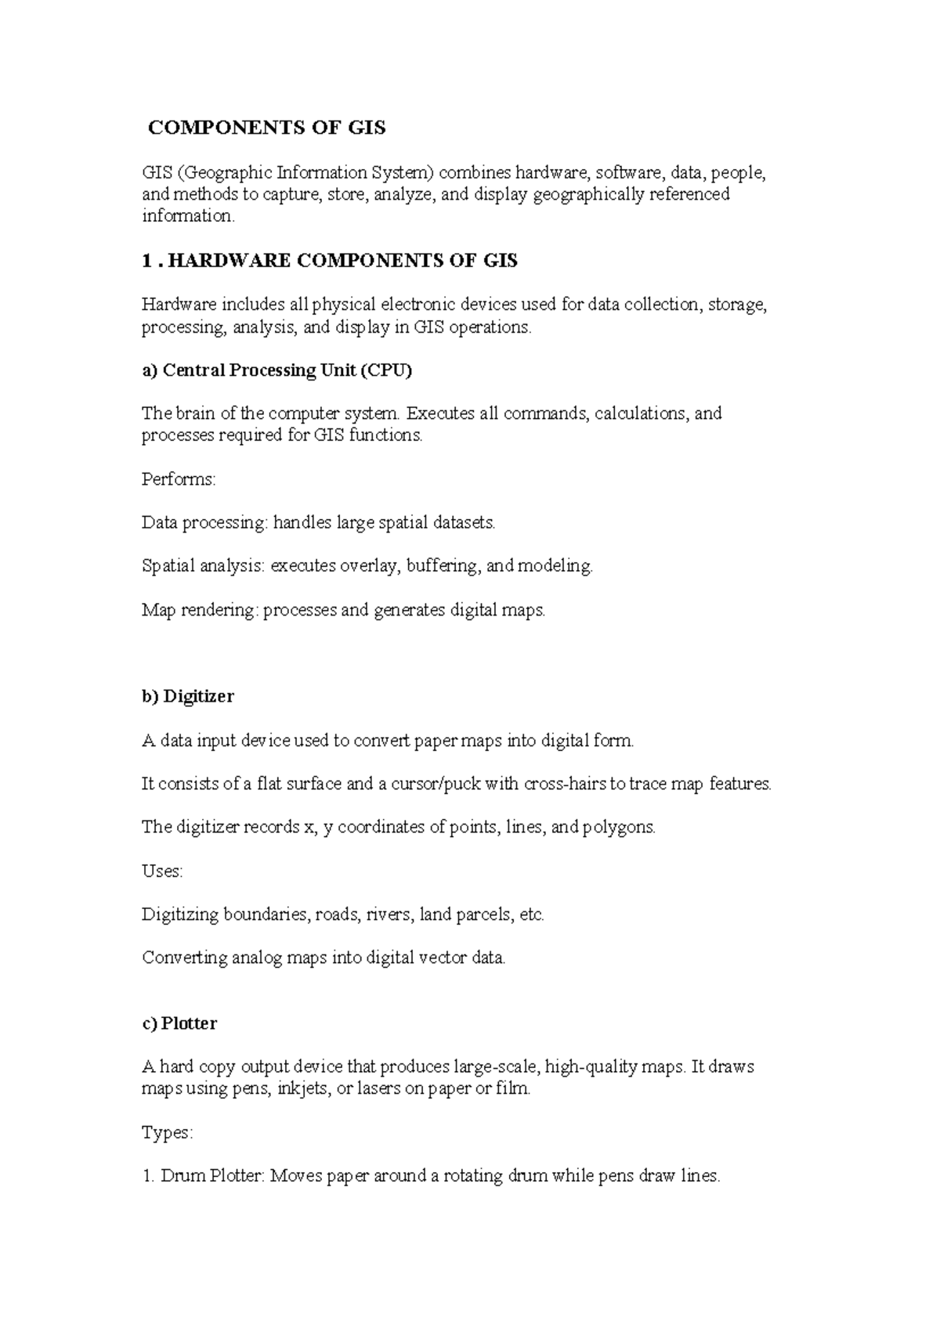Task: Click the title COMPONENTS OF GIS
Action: pyautogui.click(x=267, y=128)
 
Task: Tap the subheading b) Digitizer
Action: pyautogui.click(x=188, y=696)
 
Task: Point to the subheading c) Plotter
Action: pyautogui.click(x=179, y=1023)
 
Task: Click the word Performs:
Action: pyautogui.click(x=179, y=479)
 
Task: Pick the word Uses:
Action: pyautogui.click(x=162, y=871)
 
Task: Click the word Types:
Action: pyautogui.click(x=167, y=1132)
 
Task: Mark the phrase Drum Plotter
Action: pyautogui.click(x=210, y=1176)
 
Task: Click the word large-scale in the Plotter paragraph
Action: pyautogui.click(x=496, y=1066)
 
